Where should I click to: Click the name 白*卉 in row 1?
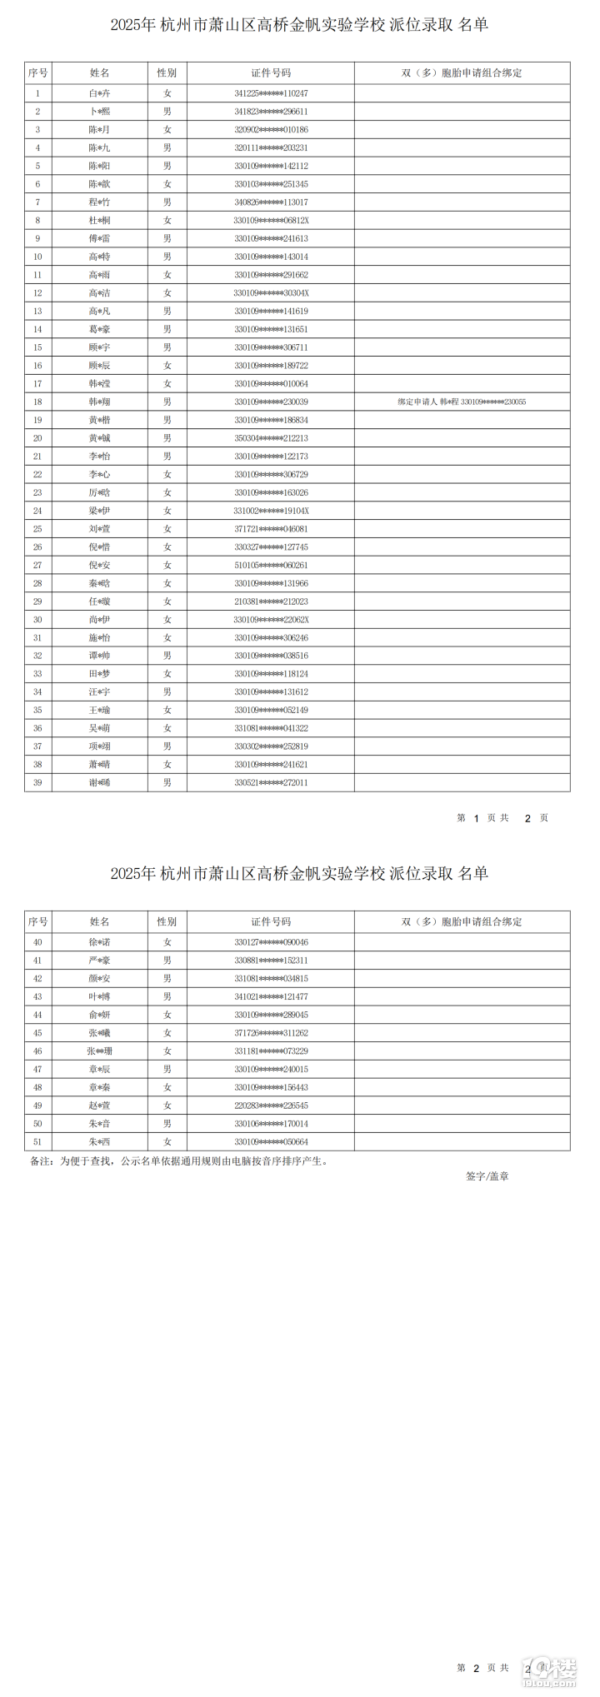(x=99, y=93)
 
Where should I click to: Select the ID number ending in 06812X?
(x=271, y=221)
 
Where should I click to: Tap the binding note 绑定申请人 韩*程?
(x=462, y=402)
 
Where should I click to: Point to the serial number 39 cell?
(x=37, y=783)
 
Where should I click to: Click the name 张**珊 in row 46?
(x=99, y=1051)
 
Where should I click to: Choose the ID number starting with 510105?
(x=271, y=566)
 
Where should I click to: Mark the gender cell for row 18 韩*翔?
(x=167, y=402)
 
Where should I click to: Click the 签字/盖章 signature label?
(x=487, y=1176)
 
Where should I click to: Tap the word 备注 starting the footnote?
(x=41, y=1161)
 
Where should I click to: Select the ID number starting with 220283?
(x=271, y=1106)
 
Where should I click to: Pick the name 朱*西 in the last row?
(x=99, y=1142)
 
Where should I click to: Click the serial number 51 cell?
(x=37, y=1142)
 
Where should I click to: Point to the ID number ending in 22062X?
(x=271, y=620)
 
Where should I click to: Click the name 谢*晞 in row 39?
(x=99, y=783)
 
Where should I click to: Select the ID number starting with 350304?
(x=271, y=438)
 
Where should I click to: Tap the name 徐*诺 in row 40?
(x=99, y=942)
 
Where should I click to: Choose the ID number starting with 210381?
(x=271, y=601)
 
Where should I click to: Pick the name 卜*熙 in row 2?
(x=99, y=112)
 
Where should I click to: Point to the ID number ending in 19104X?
(x=271, y=511)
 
